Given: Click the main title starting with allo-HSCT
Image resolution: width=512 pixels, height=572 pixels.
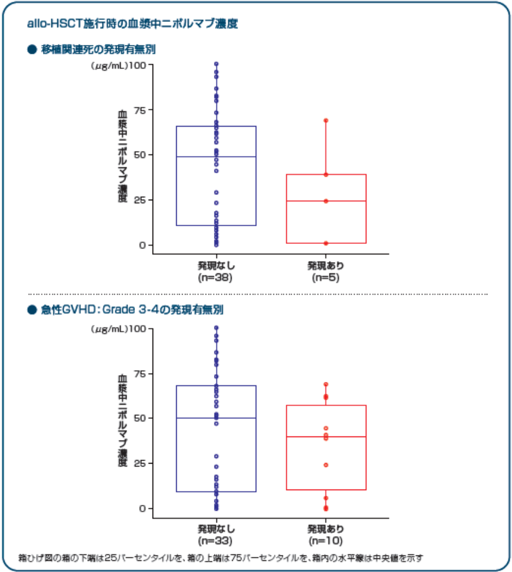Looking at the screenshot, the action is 133,24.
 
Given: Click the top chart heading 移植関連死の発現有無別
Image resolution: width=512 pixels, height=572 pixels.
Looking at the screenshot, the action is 98,49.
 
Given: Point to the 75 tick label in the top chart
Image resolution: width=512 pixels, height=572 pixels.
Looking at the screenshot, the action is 140,110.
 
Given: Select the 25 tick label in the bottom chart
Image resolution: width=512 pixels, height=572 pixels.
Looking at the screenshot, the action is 140,463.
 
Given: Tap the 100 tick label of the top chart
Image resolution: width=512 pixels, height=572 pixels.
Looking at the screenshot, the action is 138,65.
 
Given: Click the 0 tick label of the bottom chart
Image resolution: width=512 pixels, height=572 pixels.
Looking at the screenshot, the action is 143,508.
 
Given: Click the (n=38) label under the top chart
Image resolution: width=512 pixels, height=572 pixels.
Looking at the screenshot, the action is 215,277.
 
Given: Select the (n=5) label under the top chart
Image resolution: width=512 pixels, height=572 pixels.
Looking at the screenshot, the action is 326,277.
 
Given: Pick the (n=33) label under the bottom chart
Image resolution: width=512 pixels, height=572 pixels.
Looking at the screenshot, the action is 215,541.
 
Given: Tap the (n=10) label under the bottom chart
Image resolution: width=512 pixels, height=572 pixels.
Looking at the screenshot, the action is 326,541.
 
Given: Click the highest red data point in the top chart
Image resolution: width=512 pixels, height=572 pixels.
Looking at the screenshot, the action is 326,120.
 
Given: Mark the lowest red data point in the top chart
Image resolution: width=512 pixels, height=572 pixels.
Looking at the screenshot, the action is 326,243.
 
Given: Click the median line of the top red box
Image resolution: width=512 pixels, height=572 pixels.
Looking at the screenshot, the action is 326,201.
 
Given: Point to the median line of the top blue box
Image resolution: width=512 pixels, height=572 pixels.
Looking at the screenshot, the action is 216,157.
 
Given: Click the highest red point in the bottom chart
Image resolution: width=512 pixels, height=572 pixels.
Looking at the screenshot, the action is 326,385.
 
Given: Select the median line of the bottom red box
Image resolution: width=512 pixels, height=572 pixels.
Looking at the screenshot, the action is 326,437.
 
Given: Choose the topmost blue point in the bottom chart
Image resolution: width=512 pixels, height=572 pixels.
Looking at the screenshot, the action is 216,328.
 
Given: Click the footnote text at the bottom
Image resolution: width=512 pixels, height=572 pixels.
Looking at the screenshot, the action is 221,558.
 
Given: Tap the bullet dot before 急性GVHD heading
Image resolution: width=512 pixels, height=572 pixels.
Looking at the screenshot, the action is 32,310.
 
